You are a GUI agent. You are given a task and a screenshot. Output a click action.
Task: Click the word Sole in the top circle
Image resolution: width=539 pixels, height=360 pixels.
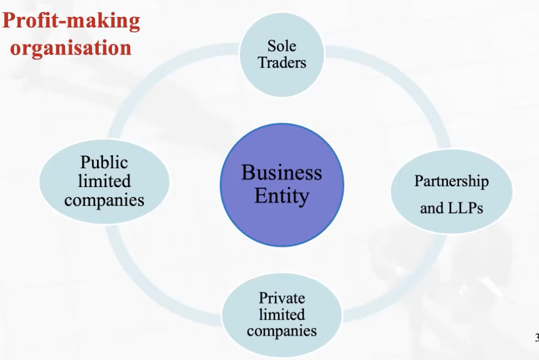[x=282, y=46]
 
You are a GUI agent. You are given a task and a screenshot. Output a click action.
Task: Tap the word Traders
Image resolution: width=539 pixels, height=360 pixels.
[x=282, y=62]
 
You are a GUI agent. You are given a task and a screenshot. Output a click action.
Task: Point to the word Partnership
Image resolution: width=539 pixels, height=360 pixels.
[x=451, y=181]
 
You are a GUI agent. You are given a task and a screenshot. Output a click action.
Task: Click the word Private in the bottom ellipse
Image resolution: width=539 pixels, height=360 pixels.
[x=282, y=298]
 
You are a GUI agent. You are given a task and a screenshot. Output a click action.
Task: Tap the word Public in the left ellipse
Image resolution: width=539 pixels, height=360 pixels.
[x=104, y=163]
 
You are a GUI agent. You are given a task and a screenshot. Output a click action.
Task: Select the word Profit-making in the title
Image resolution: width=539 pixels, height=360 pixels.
[x=71, y=21]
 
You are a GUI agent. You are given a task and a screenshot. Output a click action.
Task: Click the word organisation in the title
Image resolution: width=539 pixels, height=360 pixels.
[x=71, y=47]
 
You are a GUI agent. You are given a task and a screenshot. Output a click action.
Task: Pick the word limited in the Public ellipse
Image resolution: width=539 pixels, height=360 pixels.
[x=104, y=181]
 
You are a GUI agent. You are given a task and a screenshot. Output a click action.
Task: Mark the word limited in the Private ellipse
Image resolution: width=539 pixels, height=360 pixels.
[x=282, y=314]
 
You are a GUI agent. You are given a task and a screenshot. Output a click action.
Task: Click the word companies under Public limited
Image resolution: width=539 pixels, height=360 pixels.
[x=104, y=200]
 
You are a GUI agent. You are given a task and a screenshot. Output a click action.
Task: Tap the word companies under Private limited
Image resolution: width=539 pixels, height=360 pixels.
[x=282, y=331]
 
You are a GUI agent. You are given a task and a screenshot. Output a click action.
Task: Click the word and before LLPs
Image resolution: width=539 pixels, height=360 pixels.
[x=431, y=208]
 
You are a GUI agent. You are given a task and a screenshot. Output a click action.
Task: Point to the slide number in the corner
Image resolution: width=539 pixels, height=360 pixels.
[x=536, y=337]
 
